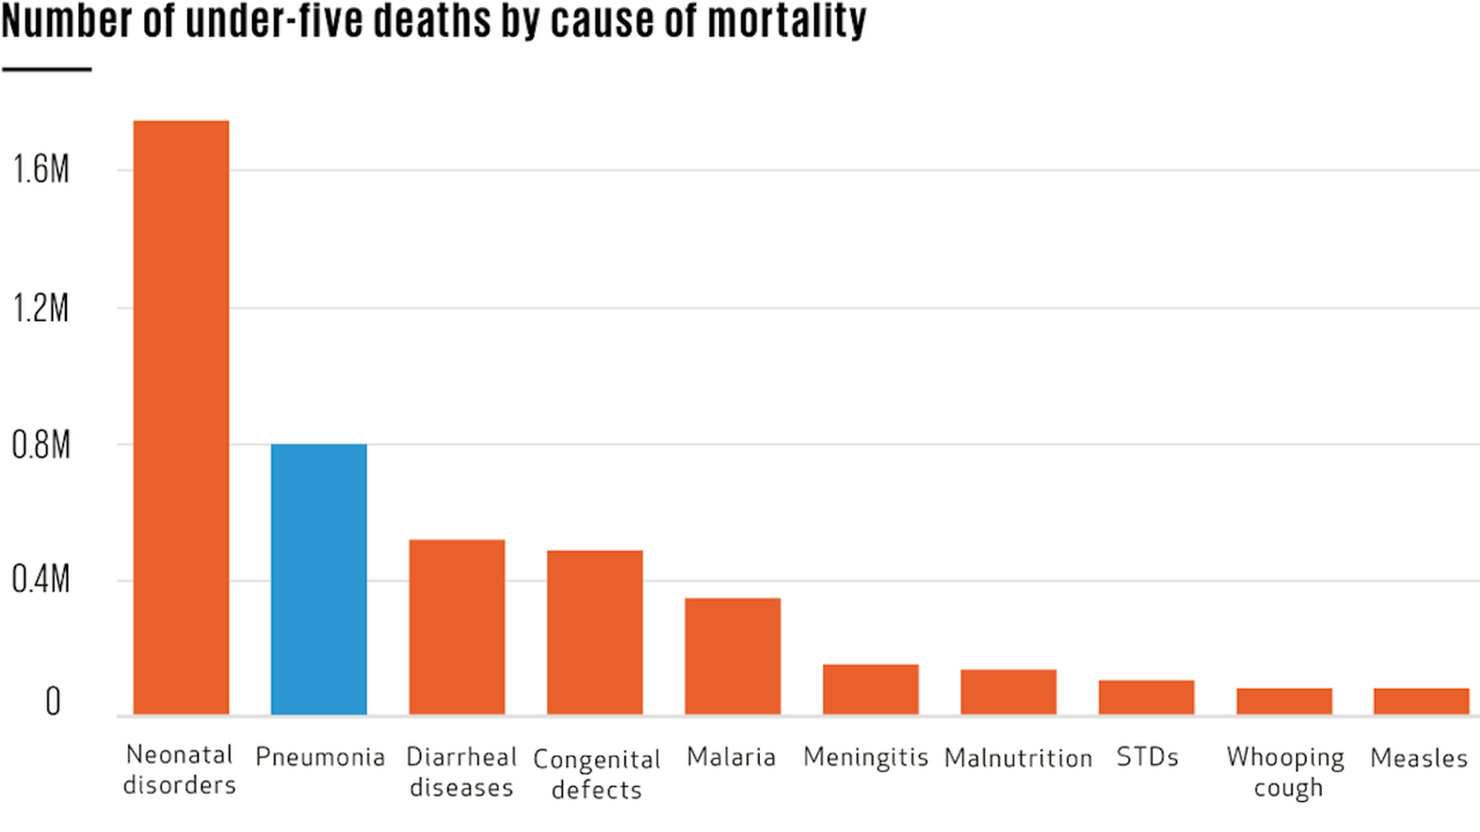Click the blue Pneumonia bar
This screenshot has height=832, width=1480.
click(x=318, y=579)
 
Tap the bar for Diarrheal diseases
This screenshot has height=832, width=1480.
click(x=456, y=627)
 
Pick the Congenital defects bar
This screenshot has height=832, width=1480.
click(x=594, y=632)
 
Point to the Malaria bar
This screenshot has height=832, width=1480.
click(x=732, y=656)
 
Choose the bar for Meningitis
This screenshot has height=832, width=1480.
click(x=870, y=689)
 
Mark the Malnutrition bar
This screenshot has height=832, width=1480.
click(x=1008, y=692)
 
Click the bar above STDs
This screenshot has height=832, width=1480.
click(x=1146, y=697)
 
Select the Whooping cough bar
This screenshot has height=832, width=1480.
click(x=1284, y=701)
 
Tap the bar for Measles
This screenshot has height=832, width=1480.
click(x=1421, y=701)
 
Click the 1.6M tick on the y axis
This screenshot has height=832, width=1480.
click(x=41, y=169)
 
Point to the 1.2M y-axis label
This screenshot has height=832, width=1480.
click(x=41, y=308)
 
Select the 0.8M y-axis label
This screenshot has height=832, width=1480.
click(x=41, y=445)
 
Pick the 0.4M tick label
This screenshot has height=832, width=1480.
click(x=41, y=579)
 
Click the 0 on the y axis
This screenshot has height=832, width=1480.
click(x=52, y=702)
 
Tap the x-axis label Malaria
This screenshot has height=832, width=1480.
click(x=731, y=757)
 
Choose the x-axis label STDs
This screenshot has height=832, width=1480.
click(x=1147, y=757)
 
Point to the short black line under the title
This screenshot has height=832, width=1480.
click(x=47, y=69)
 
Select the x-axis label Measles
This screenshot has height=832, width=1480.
click(x=1418, y=758)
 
